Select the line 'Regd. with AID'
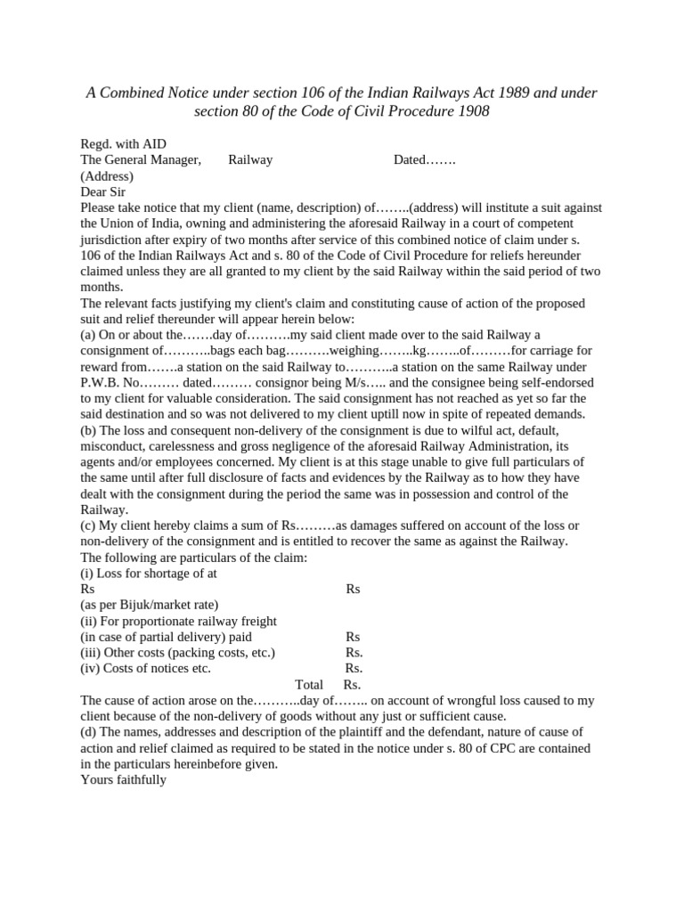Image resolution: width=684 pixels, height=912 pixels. (x=123, y=144)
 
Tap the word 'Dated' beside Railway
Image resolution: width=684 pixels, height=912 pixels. (x=411, y=160)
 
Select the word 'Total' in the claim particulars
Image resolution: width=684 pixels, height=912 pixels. (x=309, y=685)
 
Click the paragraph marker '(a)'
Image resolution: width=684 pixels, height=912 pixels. (x=88, y=335)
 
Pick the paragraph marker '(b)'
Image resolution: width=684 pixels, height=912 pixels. (x=88, y=429)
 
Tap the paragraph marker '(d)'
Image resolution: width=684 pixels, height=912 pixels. (x=88, y=732)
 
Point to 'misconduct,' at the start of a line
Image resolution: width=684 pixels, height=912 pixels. (x=113, y=445)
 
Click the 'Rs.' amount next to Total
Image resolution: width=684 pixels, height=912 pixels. (x=352, y=685)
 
